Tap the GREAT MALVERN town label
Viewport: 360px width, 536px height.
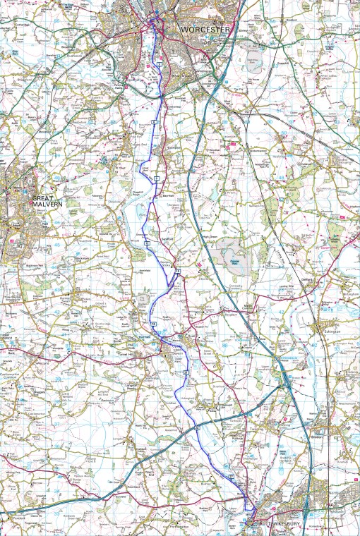[x=47, y=202]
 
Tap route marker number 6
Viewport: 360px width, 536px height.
[x=153, y=124]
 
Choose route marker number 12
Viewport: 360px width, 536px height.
[x=147, y=242]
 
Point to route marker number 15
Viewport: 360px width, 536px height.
[x=178, y=271]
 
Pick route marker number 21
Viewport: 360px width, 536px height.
[x=186, y=372]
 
